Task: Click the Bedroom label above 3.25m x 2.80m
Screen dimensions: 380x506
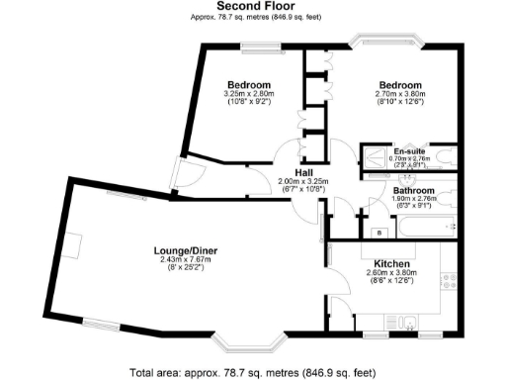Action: tap(242, 85)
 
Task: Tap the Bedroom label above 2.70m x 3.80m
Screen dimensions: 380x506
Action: tap(400, 85)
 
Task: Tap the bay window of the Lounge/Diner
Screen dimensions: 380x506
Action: tap(249, 346)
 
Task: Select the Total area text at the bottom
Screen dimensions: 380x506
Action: tap(253, 373)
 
